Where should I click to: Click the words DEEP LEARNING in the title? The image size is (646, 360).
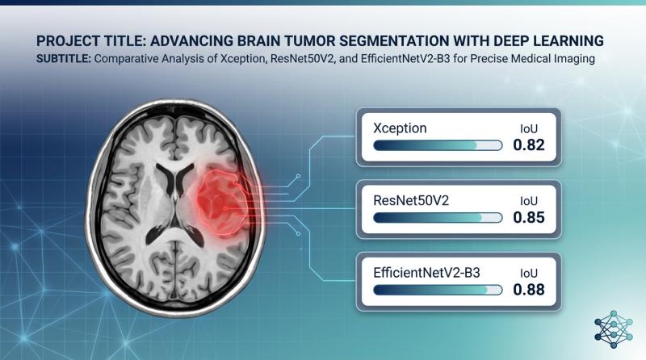(x=541, y=40)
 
